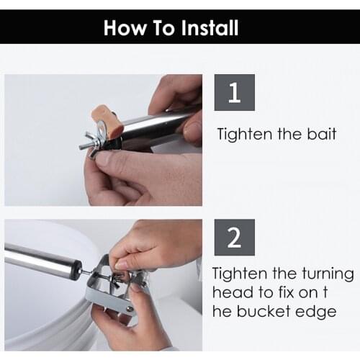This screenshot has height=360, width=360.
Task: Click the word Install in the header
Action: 210,27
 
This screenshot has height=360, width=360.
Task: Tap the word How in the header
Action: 125,27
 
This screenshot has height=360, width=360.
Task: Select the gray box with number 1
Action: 235,92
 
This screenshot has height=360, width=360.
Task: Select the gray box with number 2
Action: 235,237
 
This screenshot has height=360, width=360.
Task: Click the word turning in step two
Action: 328,274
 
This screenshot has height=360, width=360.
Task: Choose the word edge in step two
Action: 316,312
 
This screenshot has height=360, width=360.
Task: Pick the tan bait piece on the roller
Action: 107,119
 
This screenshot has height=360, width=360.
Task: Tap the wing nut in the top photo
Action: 92,145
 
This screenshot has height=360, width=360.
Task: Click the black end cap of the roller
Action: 76,270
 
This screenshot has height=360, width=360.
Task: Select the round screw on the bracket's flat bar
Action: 130,309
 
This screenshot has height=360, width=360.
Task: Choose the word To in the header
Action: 164,27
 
